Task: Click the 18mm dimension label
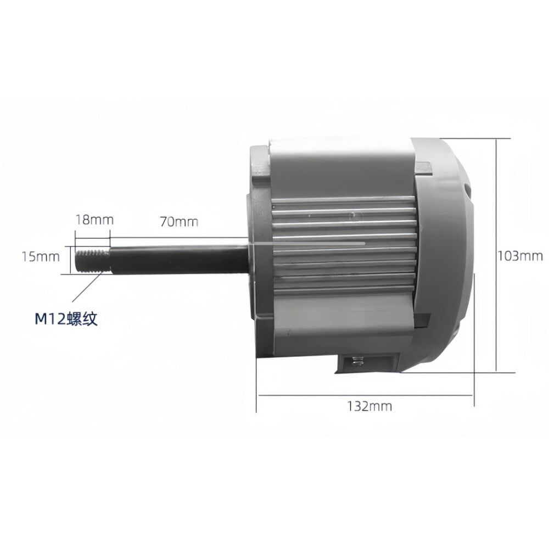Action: (x=94, y=220)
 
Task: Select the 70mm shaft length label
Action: (x=179, y=222)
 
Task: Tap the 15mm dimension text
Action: (x=41, y=256)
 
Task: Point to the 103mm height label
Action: (x=520, y=256)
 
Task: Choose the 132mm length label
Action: (x=369, y=406)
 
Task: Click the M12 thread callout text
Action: (x=66, y=318)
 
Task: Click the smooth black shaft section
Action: (x=178, y=260)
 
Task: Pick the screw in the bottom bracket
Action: (x=356, y=361)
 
